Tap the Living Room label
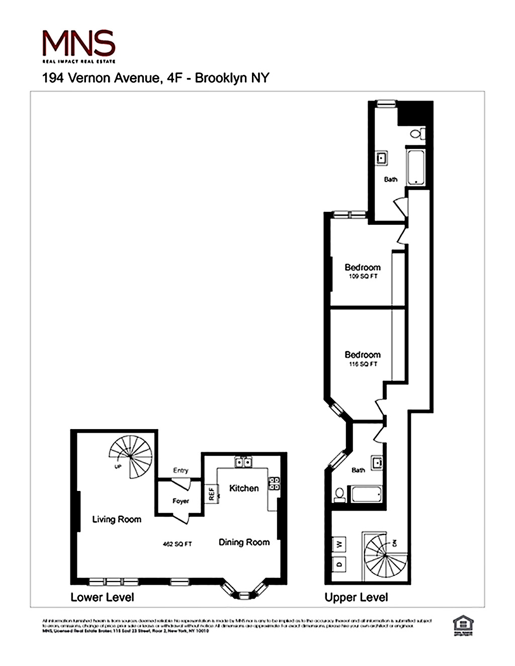tap(117, 519)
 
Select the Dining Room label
tap(244, 542)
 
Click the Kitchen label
tap(244, 488)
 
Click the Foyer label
tap(181, 501)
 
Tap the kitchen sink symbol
tap(243, 462)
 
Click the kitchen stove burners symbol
tap(274, 483)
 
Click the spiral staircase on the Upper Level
tap(385, 556)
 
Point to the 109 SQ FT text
tap(363, 276)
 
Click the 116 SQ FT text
tap(363, 364)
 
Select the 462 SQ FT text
tap(177, 544)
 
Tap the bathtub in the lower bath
tap(366, 493)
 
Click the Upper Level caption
tap(356, 597)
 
